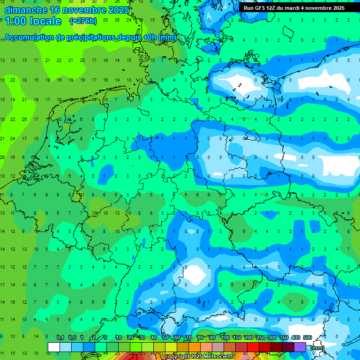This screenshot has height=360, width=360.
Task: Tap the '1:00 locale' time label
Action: coord(33,21)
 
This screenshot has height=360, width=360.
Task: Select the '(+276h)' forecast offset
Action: coord(83,21)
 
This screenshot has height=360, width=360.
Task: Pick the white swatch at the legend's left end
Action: coord(54,347)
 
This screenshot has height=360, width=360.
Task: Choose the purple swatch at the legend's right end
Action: coord(300,347)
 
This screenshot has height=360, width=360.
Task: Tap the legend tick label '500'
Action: coord(307,337)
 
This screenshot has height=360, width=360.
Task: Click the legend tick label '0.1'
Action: coord(60,337)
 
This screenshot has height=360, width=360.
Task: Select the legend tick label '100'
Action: coord(225,337)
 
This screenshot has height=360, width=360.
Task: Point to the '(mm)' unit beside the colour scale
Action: coord(317,348)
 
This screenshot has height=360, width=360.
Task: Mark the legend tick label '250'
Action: coord(260,337)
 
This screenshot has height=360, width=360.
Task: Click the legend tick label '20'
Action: coord(130,337)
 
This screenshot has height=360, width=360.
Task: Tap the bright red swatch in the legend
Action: coord(253,347)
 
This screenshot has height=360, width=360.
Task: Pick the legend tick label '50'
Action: coord(165,337)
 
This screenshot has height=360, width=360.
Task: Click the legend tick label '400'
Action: coord(295,337)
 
